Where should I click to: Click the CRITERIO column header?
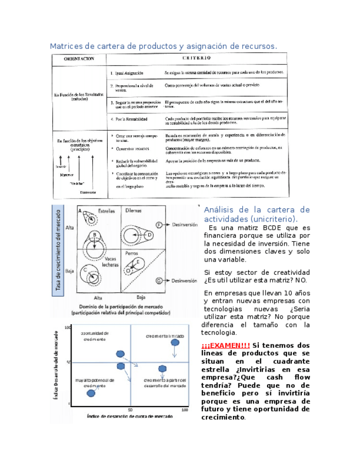click(x=193, y=57)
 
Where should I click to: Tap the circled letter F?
click(x=159, y=225)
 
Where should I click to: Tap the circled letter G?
click(x=159, y=280)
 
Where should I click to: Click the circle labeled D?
click(x=149, y=235)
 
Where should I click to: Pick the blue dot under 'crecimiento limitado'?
click(x=175, y=343)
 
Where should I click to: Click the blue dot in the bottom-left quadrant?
click(x=91, y=392)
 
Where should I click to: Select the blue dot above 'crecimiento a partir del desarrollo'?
click(x=162, y=369)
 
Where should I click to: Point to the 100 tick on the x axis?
click(x=185, y=410)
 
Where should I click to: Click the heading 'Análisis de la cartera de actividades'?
click(x=257, y=215)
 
